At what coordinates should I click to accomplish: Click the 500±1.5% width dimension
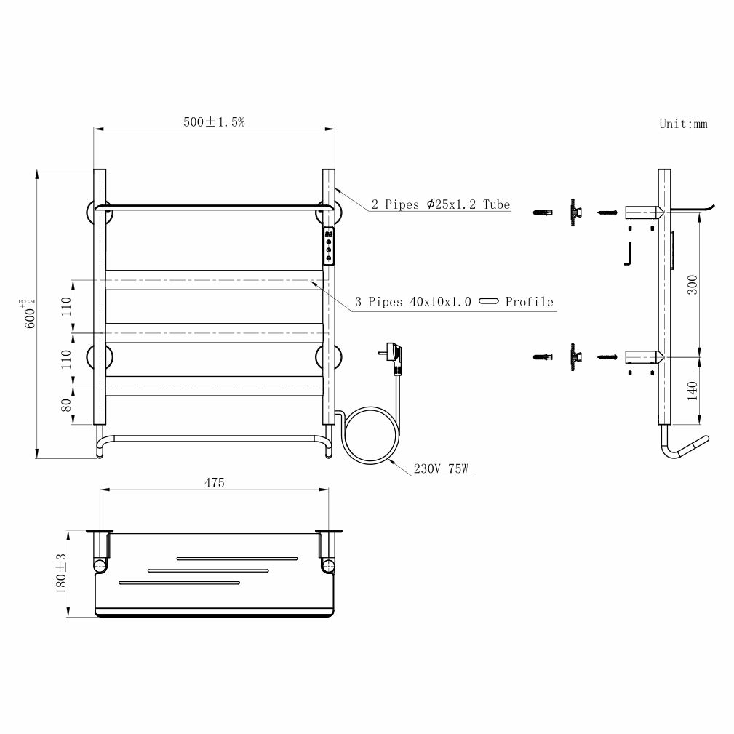click(214, 121)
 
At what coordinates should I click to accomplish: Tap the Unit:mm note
click(683, 124)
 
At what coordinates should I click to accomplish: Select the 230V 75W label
click(441, 468)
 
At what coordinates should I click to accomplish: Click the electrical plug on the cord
click(393, 358)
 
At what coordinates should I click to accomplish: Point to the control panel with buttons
click(329, 246)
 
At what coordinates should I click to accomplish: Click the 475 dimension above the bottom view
click(215, 482)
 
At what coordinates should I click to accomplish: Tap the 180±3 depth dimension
click(61, 574)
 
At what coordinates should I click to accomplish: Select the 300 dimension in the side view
click(693, 284)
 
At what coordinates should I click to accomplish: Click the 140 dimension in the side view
click(693, 391)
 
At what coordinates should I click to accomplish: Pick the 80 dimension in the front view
click(66, 405)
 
